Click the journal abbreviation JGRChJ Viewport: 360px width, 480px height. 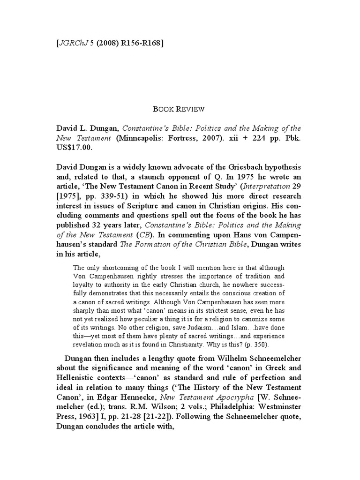pos(72,44)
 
